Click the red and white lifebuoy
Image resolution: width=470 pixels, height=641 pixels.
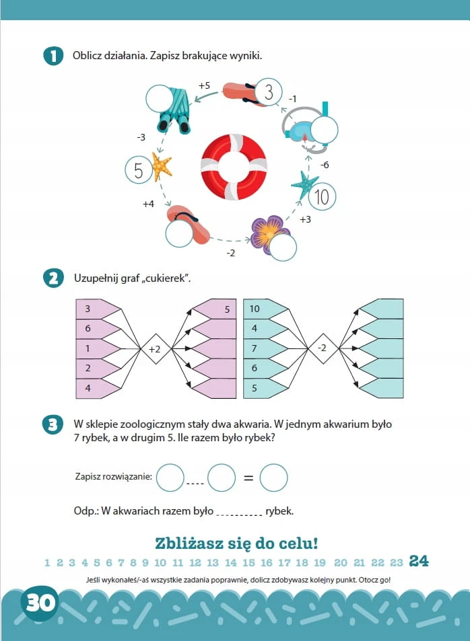234,167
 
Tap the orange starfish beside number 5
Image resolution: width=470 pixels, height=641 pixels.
162,166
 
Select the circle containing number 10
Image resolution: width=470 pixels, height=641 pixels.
322,196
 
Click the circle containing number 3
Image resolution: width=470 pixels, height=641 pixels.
269,92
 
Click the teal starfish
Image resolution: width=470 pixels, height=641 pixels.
304,185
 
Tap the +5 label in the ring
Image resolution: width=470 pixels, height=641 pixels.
204,85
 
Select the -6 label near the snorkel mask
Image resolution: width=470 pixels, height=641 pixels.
325,165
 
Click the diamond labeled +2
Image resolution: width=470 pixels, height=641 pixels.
156,348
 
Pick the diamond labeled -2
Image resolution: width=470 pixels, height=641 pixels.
323,348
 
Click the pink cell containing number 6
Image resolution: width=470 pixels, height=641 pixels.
98,329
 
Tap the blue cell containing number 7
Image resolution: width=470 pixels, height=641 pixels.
265,348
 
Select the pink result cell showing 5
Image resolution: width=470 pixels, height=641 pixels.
215,309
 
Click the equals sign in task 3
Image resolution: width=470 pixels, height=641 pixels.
248,478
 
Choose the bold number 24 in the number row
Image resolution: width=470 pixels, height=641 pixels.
419,561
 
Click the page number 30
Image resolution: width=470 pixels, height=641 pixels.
40,603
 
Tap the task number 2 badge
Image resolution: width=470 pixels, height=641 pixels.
53,278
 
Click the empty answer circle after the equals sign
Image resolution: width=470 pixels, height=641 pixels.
273,478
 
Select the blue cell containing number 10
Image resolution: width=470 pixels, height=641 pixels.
265,309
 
